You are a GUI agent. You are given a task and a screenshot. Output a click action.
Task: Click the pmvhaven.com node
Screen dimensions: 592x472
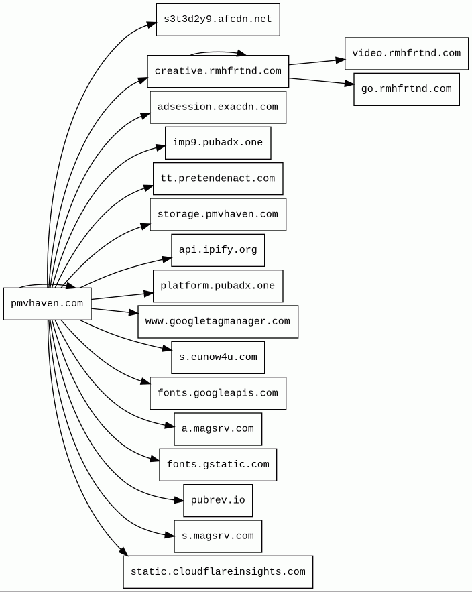47,304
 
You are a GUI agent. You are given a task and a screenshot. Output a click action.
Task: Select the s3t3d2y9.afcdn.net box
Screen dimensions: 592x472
218,19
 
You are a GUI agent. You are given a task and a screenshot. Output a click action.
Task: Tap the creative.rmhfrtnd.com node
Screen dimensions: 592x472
218,71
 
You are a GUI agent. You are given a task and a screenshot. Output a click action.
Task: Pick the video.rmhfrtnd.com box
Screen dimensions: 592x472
406,54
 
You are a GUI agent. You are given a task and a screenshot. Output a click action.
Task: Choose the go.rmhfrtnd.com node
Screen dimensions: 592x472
406,89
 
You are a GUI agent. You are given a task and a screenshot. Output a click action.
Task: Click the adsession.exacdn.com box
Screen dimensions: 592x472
218,107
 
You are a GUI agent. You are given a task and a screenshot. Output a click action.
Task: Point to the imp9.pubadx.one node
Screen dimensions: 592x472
218,143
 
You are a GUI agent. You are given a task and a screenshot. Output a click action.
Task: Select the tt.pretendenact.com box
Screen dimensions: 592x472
218,178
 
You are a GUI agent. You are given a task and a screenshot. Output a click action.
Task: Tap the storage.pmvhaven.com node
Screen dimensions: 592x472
218,215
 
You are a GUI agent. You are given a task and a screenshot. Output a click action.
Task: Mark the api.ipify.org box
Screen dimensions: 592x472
218,250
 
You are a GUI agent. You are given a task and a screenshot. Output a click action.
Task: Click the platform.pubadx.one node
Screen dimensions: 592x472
218,286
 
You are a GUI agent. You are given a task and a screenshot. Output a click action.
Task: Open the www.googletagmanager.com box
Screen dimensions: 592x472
218,322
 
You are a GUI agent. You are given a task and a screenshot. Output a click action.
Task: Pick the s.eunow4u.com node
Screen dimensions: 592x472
218,357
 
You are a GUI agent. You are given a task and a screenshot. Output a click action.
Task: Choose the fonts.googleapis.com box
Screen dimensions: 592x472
218,393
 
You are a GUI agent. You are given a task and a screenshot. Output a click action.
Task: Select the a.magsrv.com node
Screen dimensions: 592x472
218,429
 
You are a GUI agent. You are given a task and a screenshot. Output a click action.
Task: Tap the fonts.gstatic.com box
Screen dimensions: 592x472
218,465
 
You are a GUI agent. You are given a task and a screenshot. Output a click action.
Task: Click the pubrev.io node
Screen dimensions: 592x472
218,500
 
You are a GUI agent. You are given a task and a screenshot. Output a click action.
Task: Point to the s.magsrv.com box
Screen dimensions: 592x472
218,536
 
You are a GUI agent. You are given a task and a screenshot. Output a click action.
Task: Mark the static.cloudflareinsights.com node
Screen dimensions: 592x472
218,572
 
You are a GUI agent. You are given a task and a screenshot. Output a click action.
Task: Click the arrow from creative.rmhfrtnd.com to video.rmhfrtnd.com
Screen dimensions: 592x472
316,62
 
